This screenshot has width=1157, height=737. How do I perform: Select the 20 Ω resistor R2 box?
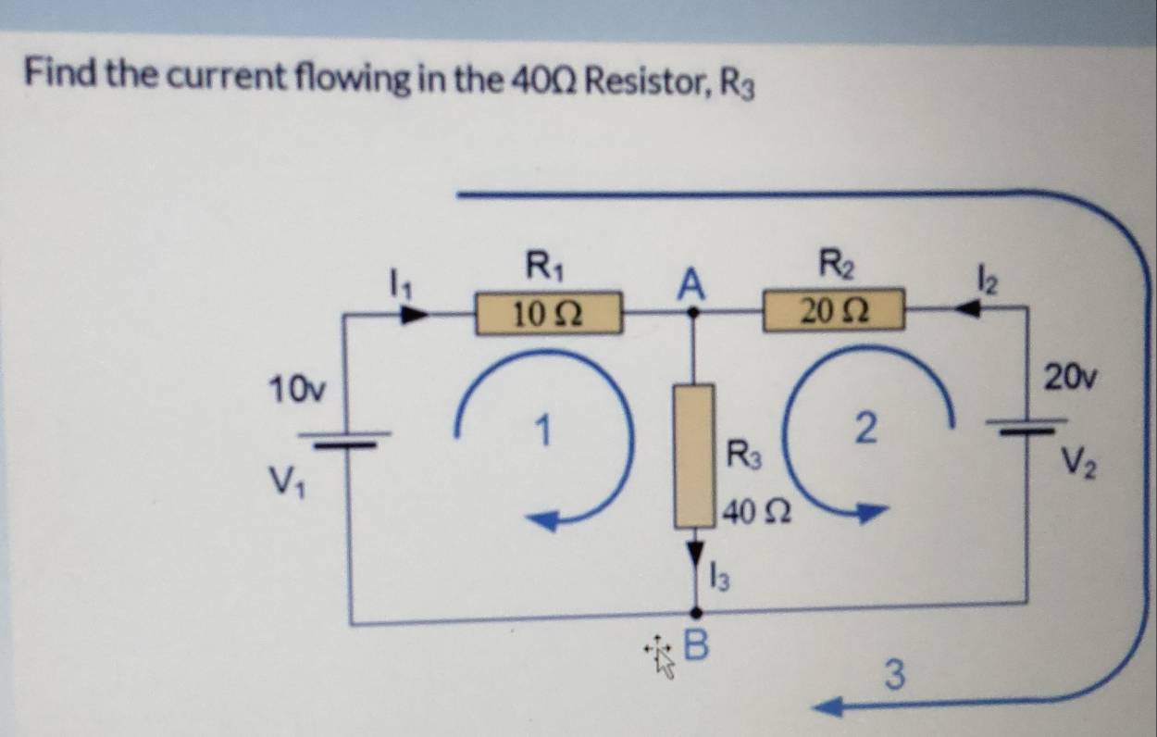(x=832, y=308)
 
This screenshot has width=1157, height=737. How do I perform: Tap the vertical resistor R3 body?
(x=693, y=456)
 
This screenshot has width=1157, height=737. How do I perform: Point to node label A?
(x=689, y=283)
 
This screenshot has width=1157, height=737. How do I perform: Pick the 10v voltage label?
(x=293, y=386)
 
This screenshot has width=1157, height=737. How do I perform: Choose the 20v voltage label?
(x=1071, y=376)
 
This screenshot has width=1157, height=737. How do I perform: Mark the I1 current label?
(x=398, y=278)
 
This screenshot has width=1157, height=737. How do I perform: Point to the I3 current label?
(x=720, y=580)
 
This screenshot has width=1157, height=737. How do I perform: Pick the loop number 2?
(x=865, y=429)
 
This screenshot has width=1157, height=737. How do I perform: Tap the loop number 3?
(x=893, y=673)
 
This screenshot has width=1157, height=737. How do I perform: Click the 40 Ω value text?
(x=756, y=510)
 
